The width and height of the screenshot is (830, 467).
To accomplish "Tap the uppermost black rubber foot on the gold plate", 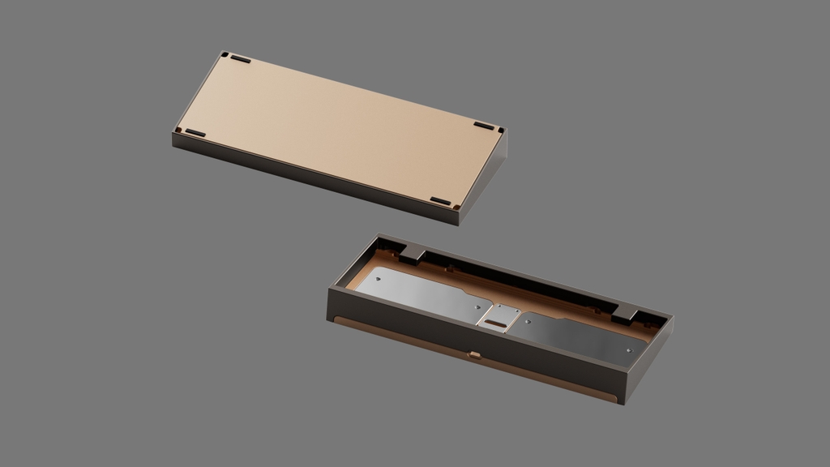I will (240, 59).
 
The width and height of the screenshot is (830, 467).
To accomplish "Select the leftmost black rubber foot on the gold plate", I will (195, 132).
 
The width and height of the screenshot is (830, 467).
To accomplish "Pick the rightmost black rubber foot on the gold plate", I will (484, 126).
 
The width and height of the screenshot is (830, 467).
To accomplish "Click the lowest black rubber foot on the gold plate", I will (440, 201).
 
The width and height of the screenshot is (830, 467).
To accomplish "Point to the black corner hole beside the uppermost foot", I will (225, 55).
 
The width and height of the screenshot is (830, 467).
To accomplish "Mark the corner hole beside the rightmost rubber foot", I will (500, 130).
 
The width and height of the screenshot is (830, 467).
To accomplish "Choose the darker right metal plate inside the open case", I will (580, 334).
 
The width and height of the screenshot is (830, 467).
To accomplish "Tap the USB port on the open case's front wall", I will (474, 354).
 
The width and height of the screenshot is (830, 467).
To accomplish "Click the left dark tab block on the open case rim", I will (412, 254).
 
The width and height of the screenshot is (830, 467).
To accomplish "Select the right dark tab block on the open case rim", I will (625, 311).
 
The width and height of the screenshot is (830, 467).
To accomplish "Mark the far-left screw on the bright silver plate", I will (377, 279).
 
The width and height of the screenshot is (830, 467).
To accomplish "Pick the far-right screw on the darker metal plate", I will (628, 350).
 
